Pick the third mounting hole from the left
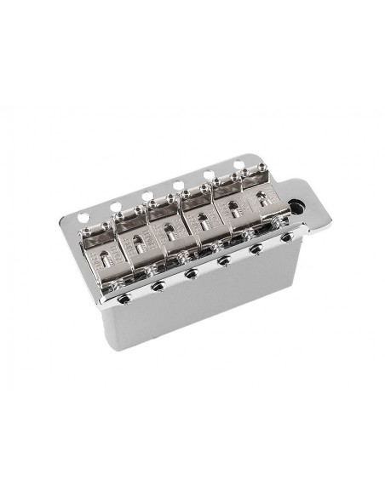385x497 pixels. pos(147,195)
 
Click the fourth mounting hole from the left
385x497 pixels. pos(178,184)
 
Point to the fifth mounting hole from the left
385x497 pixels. pos(210,174)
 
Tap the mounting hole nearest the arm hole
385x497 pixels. pos(239,163)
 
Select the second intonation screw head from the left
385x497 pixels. pos(158,286)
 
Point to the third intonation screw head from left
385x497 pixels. pos(190,274)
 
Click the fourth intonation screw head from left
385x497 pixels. pos(222,262)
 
